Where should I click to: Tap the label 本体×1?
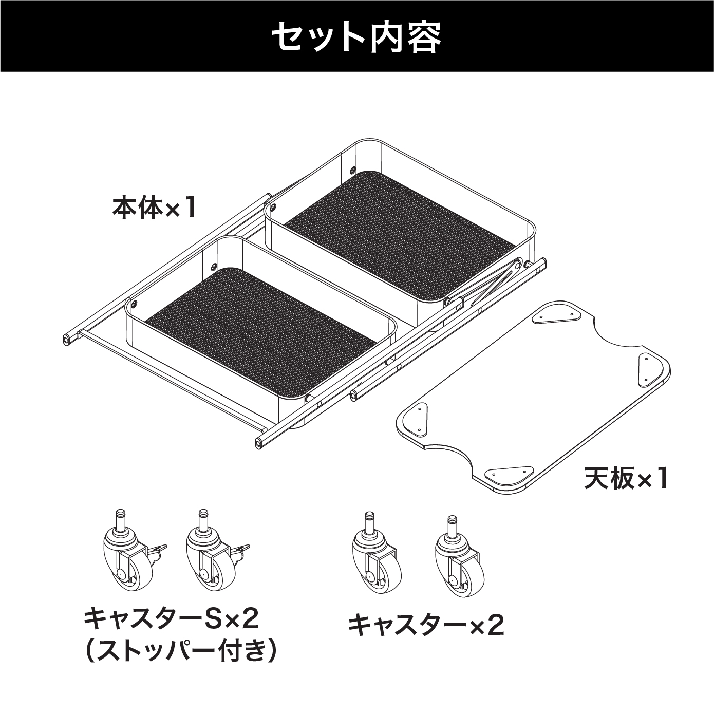coord(154,209)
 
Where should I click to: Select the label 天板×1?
coord(626,479)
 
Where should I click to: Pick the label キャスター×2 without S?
coord(426,625)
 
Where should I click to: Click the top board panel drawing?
coord(534,397)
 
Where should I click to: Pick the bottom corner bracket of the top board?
coord(509,472)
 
